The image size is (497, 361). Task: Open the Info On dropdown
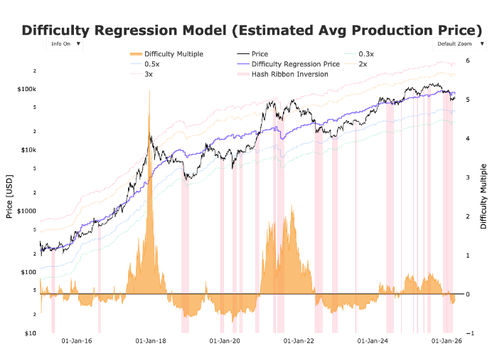pos(65,43)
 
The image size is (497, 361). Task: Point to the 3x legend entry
pos(148,74)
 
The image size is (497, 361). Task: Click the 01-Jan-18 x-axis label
pos(151,342)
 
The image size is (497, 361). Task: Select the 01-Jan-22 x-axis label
pos(299,342)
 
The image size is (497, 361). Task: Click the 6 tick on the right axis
pos(467,61)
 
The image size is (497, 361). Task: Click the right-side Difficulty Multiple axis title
pos(483,196)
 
